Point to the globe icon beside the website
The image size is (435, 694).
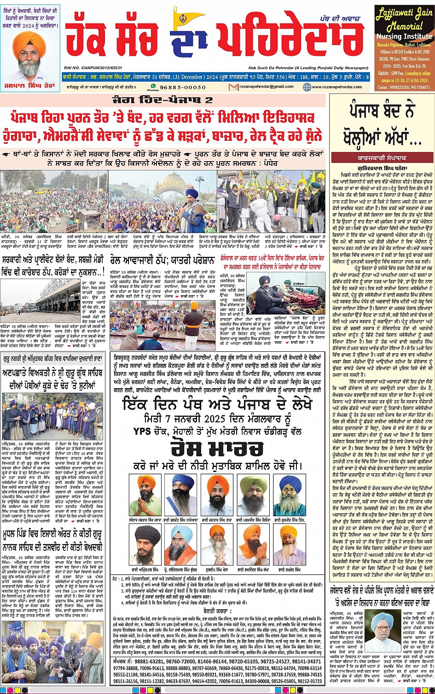point(307,87)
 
